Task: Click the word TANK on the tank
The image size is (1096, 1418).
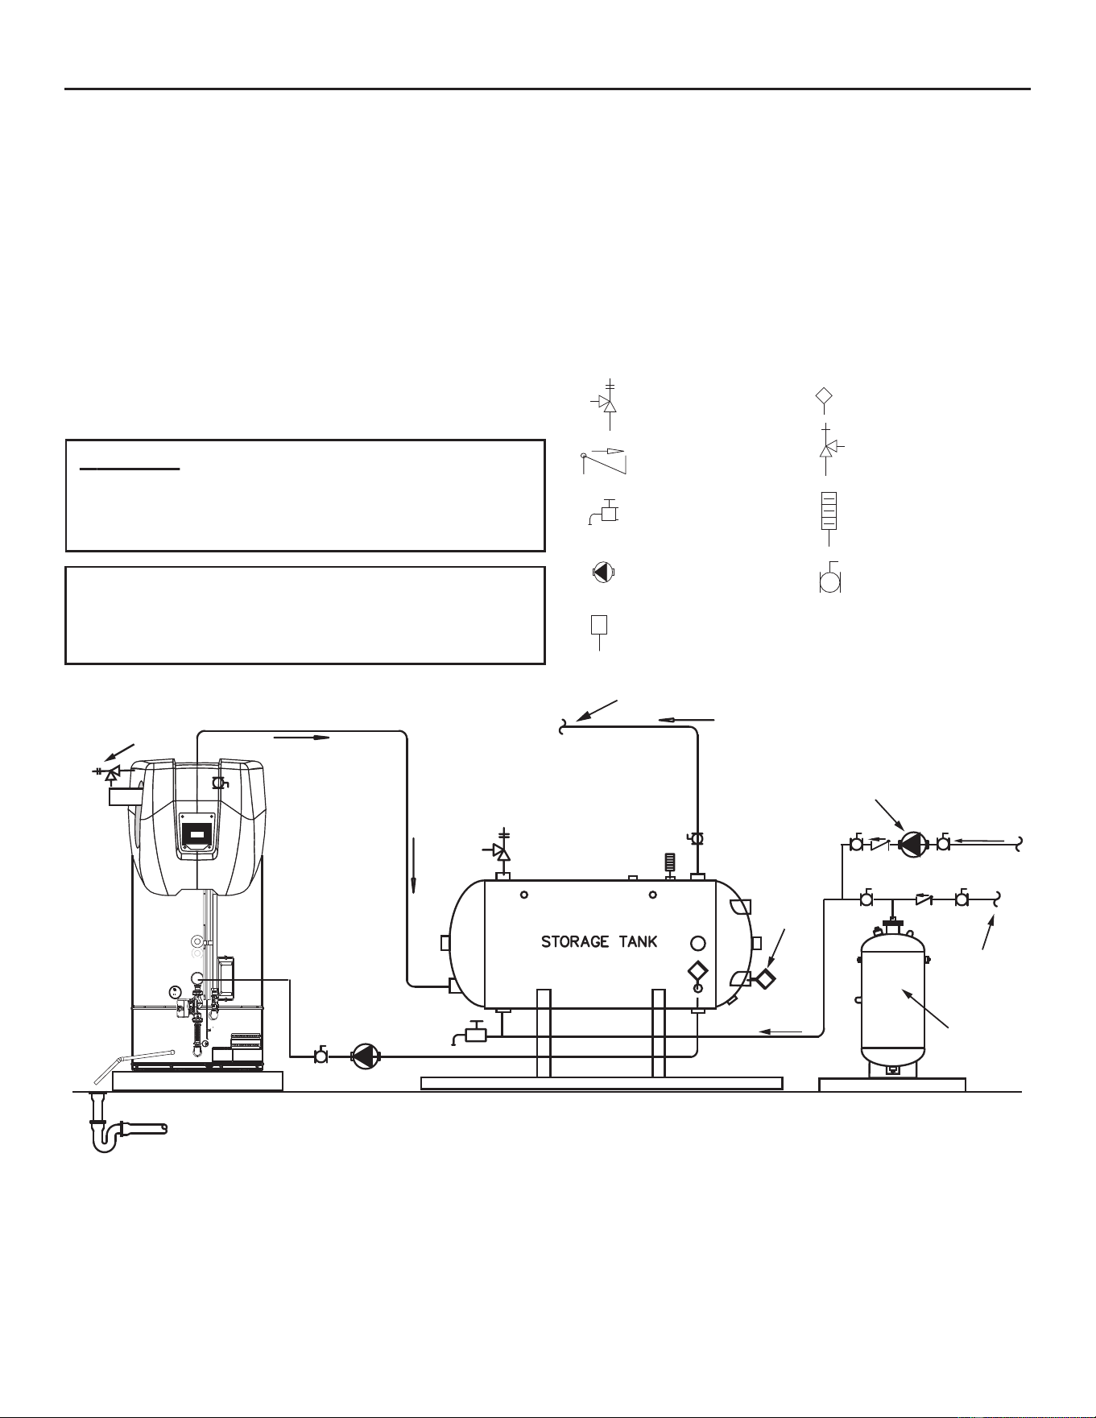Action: (x=638, y=941)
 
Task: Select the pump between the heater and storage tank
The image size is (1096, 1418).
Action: (x=366, y=1056)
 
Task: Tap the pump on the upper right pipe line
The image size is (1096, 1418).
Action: (x=912, y=844)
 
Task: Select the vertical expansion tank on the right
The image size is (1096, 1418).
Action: (x=892, y=998)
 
